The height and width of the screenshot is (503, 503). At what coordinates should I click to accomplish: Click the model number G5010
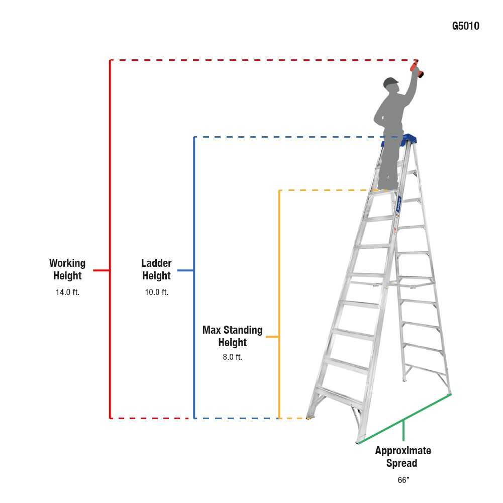point(465,26)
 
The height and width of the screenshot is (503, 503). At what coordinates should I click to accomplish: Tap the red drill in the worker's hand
point(416,69)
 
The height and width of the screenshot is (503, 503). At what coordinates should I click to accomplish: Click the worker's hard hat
point(390,82)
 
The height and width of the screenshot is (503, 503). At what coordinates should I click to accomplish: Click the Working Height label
point(67,269)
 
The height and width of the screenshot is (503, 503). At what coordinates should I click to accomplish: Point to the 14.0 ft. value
point(67,292)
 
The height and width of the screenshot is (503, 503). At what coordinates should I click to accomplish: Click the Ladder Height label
point(156,269)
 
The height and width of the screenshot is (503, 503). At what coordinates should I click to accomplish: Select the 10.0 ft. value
point(156,292)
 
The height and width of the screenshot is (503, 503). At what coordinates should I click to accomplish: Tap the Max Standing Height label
point(232,336)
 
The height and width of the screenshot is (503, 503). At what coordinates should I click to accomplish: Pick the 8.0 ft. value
point(232,357)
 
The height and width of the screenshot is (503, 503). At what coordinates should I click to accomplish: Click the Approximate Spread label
point(403,457)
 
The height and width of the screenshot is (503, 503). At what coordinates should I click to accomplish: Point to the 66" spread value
point(403,480)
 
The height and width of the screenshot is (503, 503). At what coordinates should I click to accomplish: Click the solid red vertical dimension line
point(110,201)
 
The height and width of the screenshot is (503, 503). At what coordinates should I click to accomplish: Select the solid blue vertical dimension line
point(194,226)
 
